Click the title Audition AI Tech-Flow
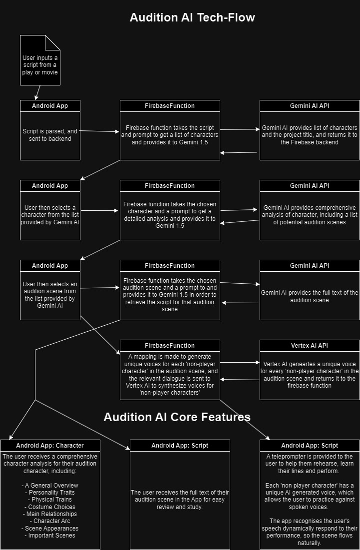192,17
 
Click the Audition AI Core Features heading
177,417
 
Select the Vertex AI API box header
310,345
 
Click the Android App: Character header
50,445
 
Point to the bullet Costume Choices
50,507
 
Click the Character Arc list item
50,521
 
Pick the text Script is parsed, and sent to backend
50,135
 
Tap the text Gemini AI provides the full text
310,296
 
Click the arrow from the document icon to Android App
37,92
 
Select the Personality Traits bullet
50,493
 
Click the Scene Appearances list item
50,528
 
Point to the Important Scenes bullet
50,536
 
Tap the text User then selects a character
50,215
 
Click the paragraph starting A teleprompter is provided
310,464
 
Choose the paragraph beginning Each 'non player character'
310,492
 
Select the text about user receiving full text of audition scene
180,500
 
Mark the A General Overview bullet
50,485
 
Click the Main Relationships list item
50,514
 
